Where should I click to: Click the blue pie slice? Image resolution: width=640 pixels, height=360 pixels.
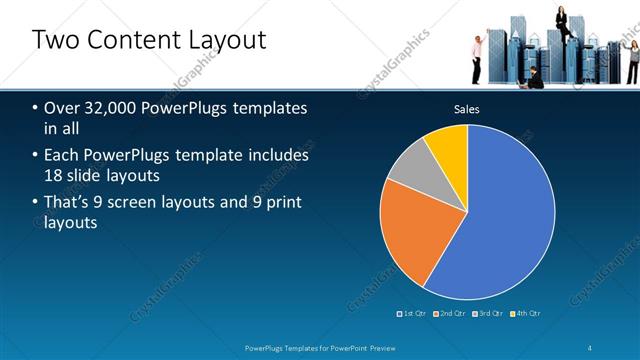click(500, 215)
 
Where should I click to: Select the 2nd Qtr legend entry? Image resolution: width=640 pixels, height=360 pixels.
click(453, 313)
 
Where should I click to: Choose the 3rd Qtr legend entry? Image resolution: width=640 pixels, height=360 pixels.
click(490, 313)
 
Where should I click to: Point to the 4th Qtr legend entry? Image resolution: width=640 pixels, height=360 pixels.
click(527, 313)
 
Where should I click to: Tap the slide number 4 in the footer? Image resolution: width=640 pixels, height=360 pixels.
click(591, 347)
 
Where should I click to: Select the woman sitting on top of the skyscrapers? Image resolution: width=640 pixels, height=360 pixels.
click(562, 20)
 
